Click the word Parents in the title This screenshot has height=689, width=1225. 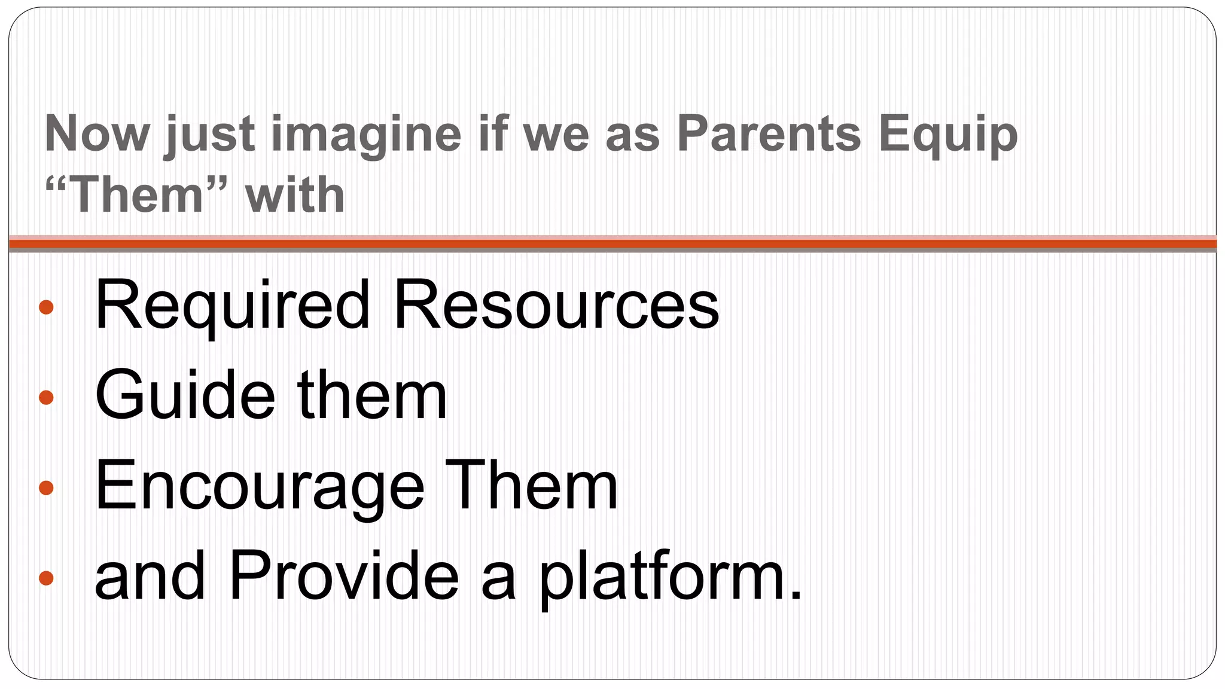pos(769,133)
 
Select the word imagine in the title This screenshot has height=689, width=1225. pos(366,135)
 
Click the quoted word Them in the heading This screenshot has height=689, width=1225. pos(137,194)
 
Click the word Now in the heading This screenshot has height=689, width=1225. pos(96,133)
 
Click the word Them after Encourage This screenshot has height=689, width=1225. pos(531,486)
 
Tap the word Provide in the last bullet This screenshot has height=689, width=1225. pos(343,575)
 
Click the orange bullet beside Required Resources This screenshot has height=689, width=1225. pos(46,307)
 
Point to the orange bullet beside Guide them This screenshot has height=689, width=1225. pos(46,397)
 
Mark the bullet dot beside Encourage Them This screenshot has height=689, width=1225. pos(46,487)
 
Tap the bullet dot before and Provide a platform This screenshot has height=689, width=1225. pos(46,578)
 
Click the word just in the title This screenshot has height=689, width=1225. pos(210,135)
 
